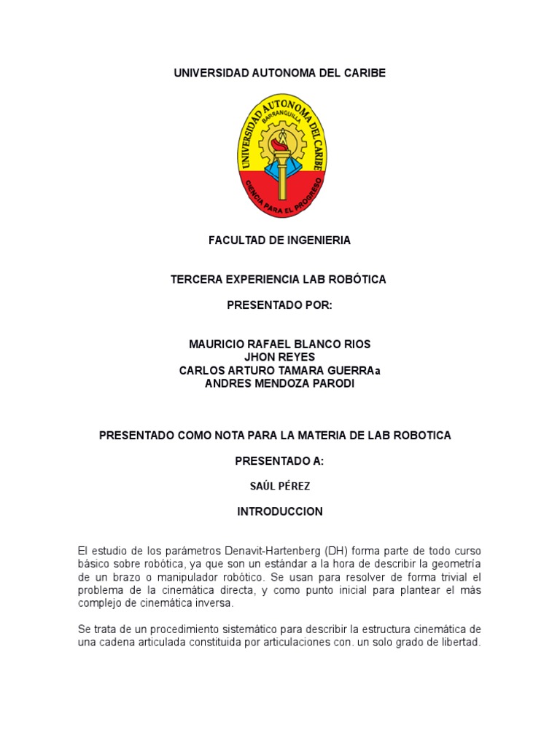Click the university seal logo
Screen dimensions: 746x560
point(280,155)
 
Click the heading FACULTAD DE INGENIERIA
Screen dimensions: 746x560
point(280,240)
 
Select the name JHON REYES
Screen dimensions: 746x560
point(280,357)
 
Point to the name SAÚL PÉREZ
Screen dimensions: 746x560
point(280,486)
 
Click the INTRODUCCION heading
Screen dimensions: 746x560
point(280,512)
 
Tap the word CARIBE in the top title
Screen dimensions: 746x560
point(360,73)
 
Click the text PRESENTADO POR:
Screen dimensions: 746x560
point(280,305)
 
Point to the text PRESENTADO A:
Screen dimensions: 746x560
point(280,461)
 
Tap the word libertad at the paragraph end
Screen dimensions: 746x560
point(457,643)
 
